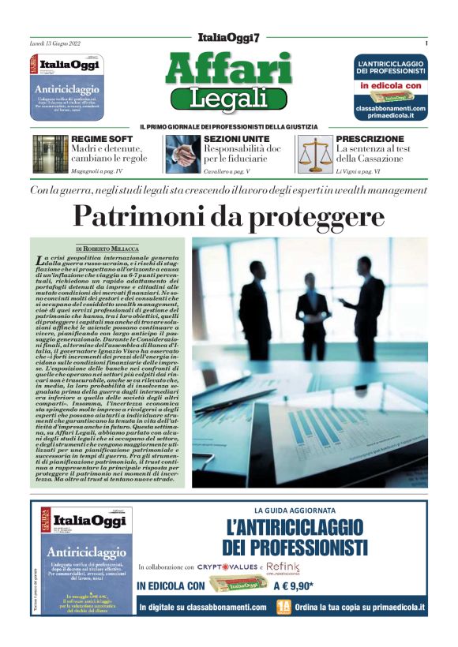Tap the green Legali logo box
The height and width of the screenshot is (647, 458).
228,99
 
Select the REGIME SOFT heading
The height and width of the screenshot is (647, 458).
96,139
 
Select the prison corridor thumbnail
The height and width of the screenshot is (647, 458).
50,153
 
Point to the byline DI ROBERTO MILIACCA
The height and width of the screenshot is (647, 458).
107,248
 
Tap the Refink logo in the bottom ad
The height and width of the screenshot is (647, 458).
283,567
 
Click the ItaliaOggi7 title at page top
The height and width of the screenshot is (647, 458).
228,39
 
